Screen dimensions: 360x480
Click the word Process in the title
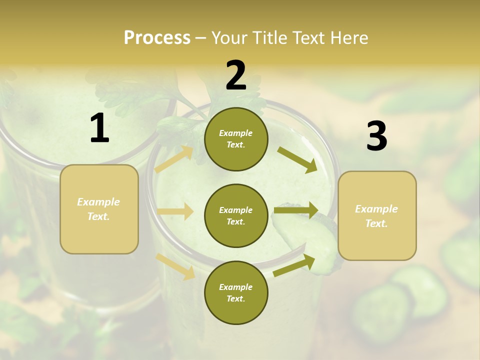tap(157, 38)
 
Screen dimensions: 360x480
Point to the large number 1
tap(99, 128)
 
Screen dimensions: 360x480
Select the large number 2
tap(236, 75)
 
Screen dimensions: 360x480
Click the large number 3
tap(376, 136)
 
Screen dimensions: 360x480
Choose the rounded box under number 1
tap(99, 209)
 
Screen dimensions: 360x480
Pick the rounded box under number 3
tap(377, 216)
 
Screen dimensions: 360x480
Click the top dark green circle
tap(236, 139)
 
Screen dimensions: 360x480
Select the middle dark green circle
tap(236, 216)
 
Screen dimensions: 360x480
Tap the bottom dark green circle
tap(236, 293)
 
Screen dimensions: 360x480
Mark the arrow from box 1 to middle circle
tap(175, 211)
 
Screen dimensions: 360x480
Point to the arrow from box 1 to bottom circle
tap(175, 266)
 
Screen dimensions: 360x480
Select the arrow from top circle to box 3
tap(297, 159)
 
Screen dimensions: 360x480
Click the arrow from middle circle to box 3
tap(296, 210)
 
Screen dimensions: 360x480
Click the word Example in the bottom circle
tap(236, 287)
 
